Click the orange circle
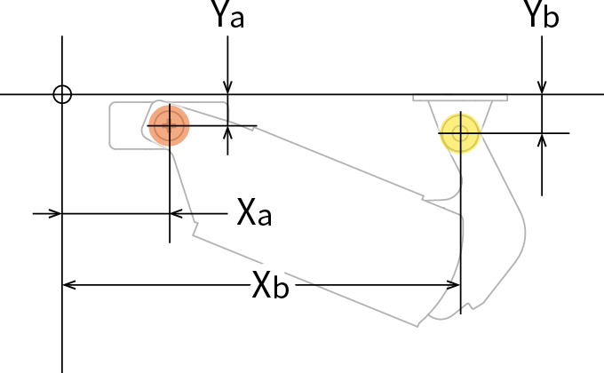(168, 125)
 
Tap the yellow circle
(460, 132)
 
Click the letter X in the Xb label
(262, 285)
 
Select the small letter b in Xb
(281, 289)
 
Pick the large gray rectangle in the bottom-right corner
(533, 302)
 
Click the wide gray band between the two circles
(346, 169)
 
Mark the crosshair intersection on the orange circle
(168, 125)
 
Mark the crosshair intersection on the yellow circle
(460, 132)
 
